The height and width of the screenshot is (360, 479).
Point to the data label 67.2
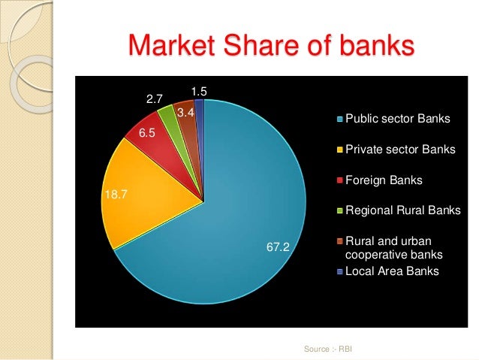coord(279,246)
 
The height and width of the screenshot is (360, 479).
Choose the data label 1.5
coord(199,92)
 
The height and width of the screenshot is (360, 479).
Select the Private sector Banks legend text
coord(399,150)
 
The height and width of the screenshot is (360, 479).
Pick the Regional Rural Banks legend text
coord(402,211)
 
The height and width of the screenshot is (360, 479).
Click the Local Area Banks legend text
coord(386,271)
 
